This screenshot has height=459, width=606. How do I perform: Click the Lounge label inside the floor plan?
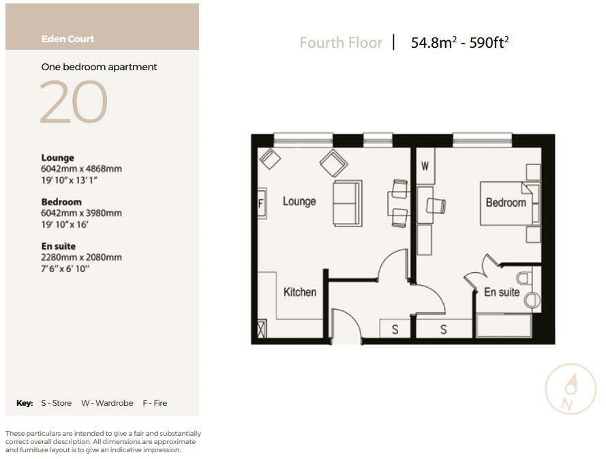point(299,201)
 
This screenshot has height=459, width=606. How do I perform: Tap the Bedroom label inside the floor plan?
point(505,203)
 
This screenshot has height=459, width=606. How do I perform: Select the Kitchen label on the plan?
point(300,292)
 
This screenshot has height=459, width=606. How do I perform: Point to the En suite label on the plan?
point(502,292)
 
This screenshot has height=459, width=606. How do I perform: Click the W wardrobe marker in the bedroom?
point(425,166)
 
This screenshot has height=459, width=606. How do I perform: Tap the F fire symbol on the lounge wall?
point(260,203)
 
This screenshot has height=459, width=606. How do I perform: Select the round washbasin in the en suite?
point(532,299)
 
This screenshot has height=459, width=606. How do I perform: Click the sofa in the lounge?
point(348,203)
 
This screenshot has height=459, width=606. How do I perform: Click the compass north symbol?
point(571,389)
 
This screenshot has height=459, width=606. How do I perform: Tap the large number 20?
point(74,102)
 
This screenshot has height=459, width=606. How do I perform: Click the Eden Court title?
point(67,39)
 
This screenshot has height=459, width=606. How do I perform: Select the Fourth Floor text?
point(341,43)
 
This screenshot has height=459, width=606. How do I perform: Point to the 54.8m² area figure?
point(433,43)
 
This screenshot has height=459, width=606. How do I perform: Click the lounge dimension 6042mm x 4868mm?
point(81,168)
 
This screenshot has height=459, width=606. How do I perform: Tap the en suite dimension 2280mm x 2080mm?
point(81,257)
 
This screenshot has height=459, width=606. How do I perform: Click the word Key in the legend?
point(25,403)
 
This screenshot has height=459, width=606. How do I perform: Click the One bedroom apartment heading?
point(99,67)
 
